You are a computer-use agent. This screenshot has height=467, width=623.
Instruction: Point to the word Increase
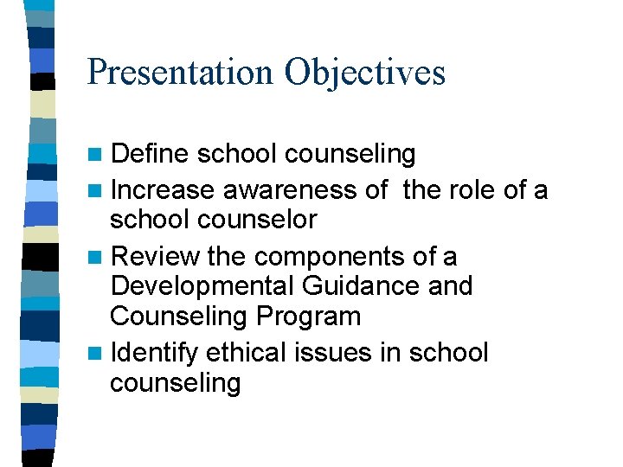click(x=164, y=189)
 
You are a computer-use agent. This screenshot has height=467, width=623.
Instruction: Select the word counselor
click(x=259, y=220)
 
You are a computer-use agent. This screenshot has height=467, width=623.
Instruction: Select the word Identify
click(x=155, y=352)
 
